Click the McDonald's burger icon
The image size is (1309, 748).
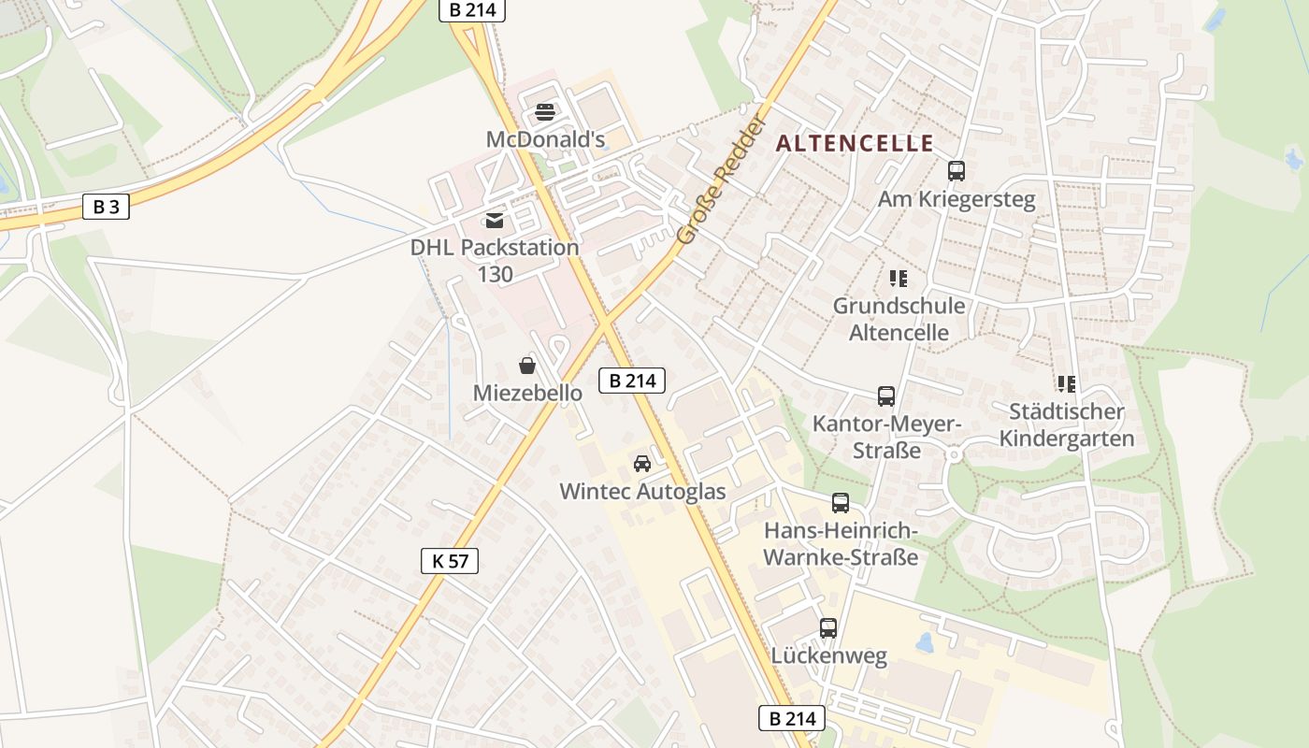click(x=545, y=113)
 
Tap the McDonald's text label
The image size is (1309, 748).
click(x=545, y=139)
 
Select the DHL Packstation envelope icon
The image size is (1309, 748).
click(x=494, y=221)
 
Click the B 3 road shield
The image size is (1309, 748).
click(x=106, y=207)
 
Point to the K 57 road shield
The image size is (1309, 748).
click(x=450, y=560)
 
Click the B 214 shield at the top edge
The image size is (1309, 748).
click(x=472, y=10)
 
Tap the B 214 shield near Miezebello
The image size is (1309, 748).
click(x=632, y=380)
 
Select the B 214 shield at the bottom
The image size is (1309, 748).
click(x=791, y=718)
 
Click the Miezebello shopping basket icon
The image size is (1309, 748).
click(x=527, y=366)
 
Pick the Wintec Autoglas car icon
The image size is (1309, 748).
click(x=641, y=463)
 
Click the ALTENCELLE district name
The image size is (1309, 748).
click(x=855, y=143)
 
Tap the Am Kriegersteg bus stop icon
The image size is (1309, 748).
click(x=956, y=171)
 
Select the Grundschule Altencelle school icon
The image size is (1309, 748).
click(x=899, y=278)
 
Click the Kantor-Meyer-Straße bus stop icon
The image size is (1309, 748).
click(x=885, y=396)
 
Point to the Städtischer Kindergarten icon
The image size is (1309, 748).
click(x=1066, y=383)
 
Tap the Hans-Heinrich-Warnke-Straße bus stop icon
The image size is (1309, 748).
click(x=841, y=503)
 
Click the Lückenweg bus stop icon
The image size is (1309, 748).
click(x=827, y=628)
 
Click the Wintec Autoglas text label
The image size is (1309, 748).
click(x=641, y=491)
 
